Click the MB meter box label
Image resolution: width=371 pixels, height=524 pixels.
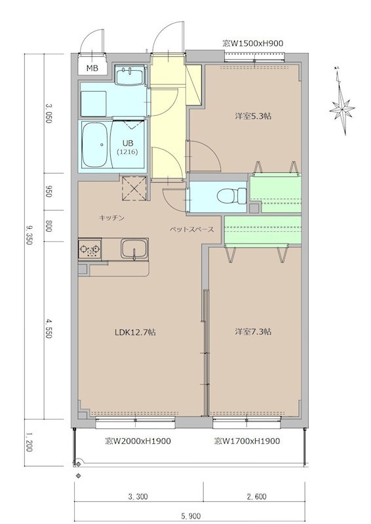tap(92, 69)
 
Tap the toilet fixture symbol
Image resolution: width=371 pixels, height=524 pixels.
tap(231, 195)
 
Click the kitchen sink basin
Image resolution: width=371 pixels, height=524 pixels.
tap(134, 249)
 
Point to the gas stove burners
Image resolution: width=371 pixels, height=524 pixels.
tap(90, 250)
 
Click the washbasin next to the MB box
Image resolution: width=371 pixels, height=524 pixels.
tap(129, 75)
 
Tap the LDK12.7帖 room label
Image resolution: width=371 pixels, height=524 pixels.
tap(135, 333)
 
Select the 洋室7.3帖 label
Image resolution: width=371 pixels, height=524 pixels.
tap(253, 332)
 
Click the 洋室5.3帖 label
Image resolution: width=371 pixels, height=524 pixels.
tap(253, 117)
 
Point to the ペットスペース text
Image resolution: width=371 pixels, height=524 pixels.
tap(191, 230)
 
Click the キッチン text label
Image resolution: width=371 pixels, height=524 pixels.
tap(111, 218)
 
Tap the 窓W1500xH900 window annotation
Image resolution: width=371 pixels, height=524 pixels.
tap(253, 43)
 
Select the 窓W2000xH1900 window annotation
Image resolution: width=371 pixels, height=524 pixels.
tap(138, 441)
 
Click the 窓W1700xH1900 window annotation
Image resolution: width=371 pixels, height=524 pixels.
tap(247, 441)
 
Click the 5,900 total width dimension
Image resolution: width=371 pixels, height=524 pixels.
tap(191, 517)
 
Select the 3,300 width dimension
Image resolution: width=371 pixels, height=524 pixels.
tap(138, 496)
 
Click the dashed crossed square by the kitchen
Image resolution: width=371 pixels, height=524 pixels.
tap(134, 188)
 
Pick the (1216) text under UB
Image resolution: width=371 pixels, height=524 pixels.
tap(127, 151)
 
